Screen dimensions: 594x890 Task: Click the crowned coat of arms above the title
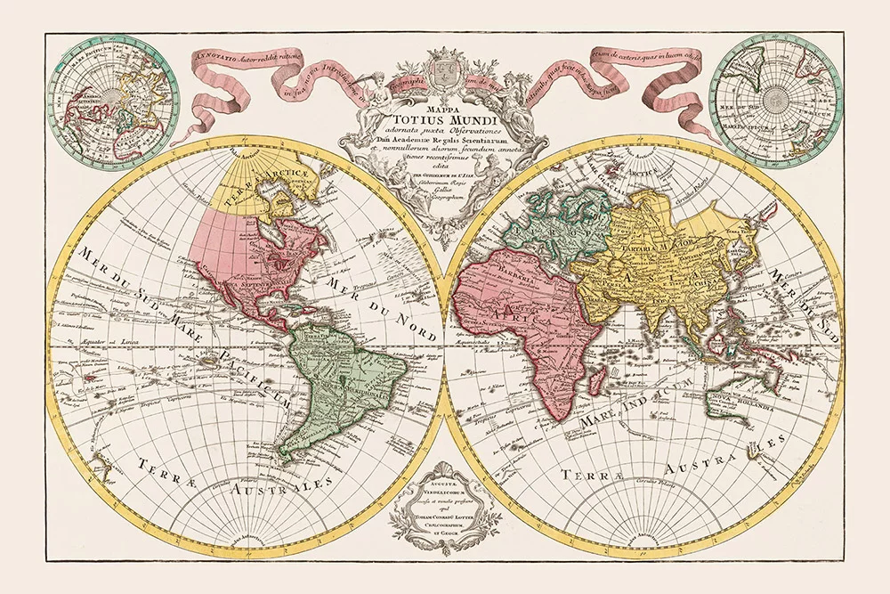click(x=443, y=68)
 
